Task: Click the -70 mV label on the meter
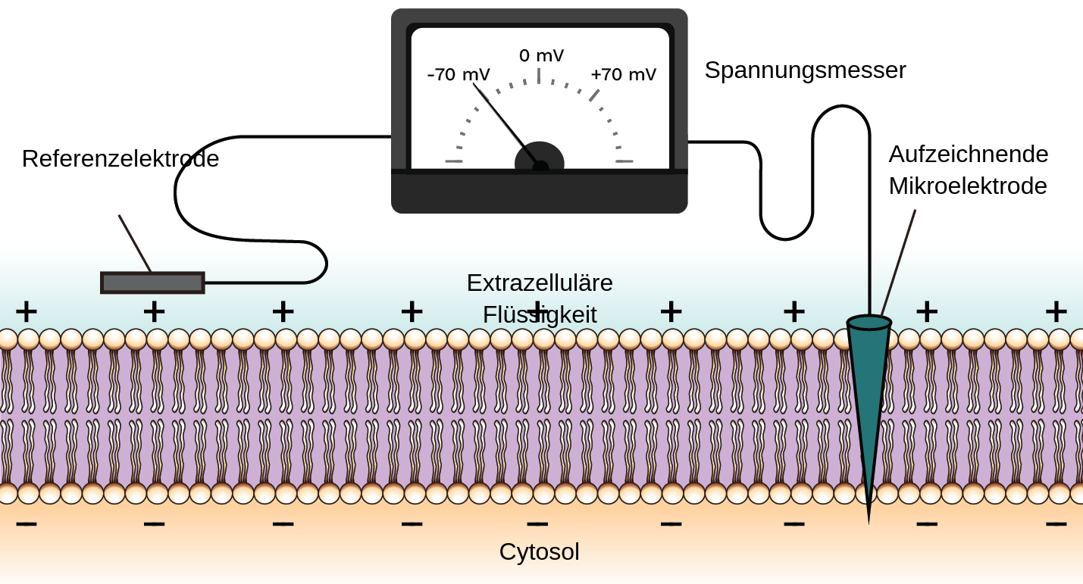[x=459, y=75]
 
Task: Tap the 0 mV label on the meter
[x=541, y=56]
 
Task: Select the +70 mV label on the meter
[x=623, y=75]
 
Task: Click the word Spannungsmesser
[x=805, y=70]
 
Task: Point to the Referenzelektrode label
[x=121, y=159]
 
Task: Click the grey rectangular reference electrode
[x=152, y=283]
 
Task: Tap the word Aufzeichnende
[x=968, y=155]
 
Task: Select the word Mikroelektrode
[x=967, y=186]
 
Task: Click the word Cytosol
[x=539, y=552]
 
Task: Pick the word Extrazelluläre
[x=540, y=283]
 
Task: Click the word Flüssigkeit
[x=540, y=315]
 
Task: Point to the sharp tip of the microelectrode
[x=869, y=521]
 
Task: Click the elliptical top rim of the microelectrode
[x=869, y=323]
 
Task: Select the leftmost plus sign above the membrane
[x=27, y=311]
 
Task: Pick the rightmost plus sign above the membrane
[x=1056, y=311]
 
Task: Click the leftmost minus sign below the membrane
[x=27, y=523]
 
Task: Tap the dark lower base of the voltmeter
[x=539, y=194]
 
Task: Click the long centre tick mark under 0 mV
[x=539, y=76]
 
